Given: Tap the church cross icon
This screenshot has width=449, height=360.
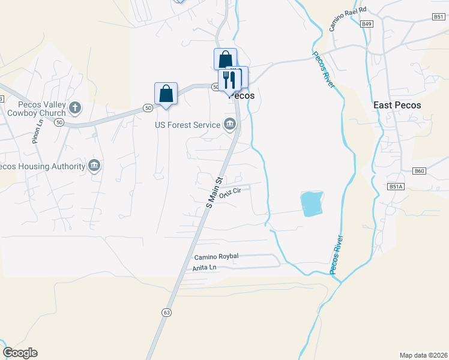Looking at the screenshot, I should (74, 107).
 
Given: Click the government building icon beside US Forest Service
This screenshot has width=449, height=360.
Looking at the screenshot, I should (229, 125).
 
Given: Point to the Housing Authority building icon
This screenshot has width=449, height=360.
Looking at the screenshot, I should (94, 165).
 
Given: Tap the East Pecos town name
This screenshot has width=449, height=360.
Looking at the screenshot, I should (397, 105).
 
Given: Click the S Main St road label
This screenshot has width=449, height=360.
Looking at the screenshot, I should (214, 192).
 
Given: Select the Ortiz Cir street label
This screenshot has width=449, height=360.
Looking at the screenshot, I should (230, 193).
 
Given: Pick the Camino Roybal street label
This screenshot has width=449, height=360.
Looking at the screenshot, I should (216, 256).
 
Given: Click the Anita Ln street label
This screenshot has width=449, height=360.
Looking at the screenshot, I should (203, 268).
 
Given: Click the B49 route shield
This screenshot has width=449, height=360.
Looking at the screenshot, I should (367, 24).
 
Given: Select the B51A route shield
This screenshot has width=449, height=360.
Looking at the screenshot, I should (396, 187).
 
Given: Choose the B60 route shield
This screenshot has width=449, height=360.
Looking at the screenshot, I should (419, 171).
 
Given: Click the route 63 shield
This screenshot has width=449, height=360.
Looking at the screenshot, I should (166, 312).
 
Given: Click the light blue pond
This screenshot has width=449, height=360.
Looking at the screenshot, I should (312, 203).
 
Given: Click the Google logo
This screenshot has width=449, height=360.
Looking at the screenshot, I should (20, 353).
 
